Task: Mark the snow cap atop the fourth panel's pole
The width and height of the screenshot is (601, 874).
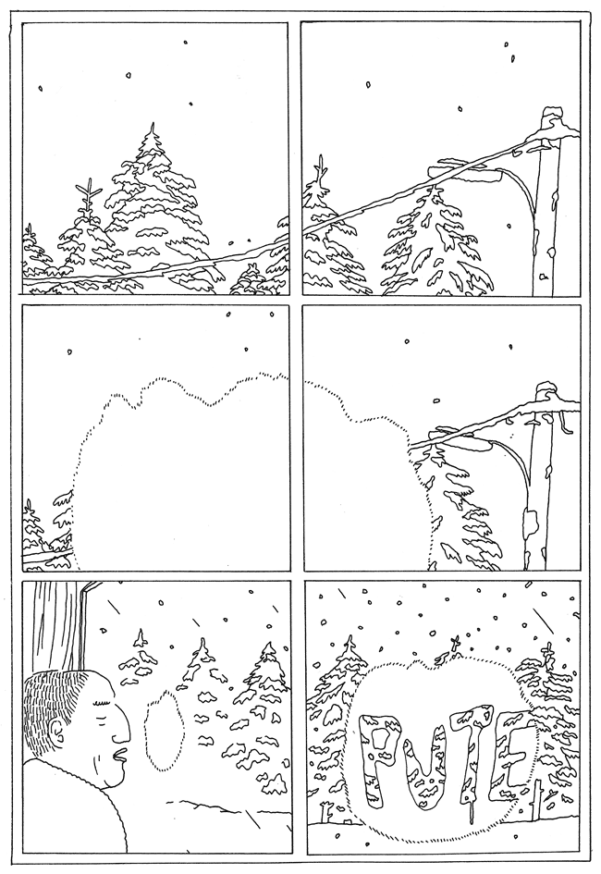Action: click(x=546, y=388)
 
